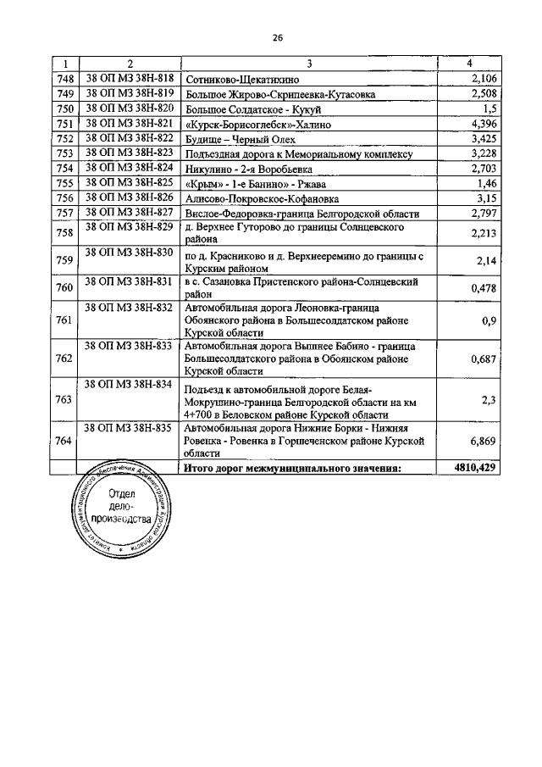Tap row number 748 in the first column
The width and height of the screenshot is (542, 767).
[65, 79]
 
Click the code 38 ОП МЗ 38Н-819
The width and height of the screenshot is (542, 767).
[130, 92]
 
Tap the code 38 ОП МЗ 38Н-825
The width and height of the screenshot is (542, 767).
[130, 182]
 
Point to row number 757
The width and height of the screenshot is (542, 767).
[65, 213]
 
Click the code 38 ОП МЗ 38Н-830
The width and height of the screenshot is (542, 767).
[130, 253]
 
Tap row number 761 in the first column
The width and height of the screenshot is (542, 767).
[65, 320]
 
